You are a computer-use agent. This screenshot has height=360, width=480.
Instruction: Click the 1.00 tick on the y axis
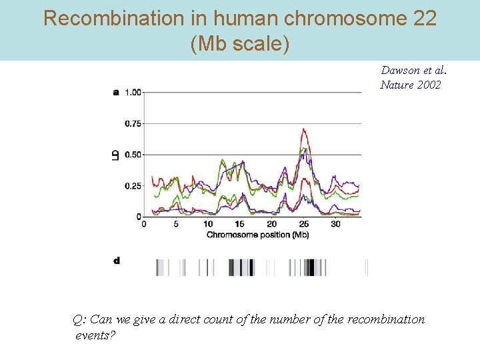coord(133,92)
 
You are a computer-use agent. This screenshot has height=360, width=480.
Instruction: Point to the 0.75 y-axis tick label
coord(133,123)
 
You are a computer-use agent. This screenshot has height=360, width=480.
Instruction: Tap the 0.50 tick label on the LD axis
coord(133,155)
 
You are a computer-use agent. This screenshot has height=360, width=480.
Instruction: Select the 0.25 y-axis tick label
coord(133,186)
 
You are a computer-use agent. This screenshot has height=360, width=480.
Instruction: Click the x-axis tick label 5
coord(176,225)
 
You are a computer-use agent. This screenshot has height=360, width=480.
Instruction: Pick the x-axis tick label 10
coord(208,225)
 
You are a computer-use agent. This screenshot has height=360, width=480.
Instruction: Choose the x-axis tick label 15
coord(240,225)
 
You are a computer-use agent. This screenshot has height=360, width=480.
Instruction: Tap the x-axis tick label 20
coord(272,225)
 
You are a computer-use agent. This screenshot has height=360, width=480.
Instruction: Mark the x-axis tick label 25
coord(304,225)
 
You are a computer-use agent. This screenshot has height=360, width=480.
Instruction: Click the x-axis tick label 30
coord(335,225)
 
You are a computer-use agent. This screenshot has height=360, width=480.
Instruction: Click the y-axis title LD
coord(116,155)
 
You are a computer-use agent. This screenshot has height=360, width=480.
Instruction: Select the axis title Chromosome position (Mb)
coord(257,235)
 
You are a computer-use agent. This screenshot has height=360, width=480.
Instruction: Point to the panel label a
coord(116,92)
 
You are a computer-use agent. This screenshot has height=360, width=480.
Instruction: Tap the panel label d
coord(117,261)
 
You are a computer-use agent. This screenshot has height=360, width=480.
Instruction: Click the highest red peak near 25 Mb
coord(303,129)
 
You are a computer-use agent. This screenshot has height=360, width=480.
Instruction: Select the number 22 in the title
coord(424,19)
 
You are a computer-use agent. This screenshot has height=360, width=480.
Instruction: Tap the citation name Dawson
coord(400,71)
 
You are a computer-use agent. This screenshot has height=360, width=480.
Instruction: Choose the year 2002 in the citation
coord(429,85)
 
